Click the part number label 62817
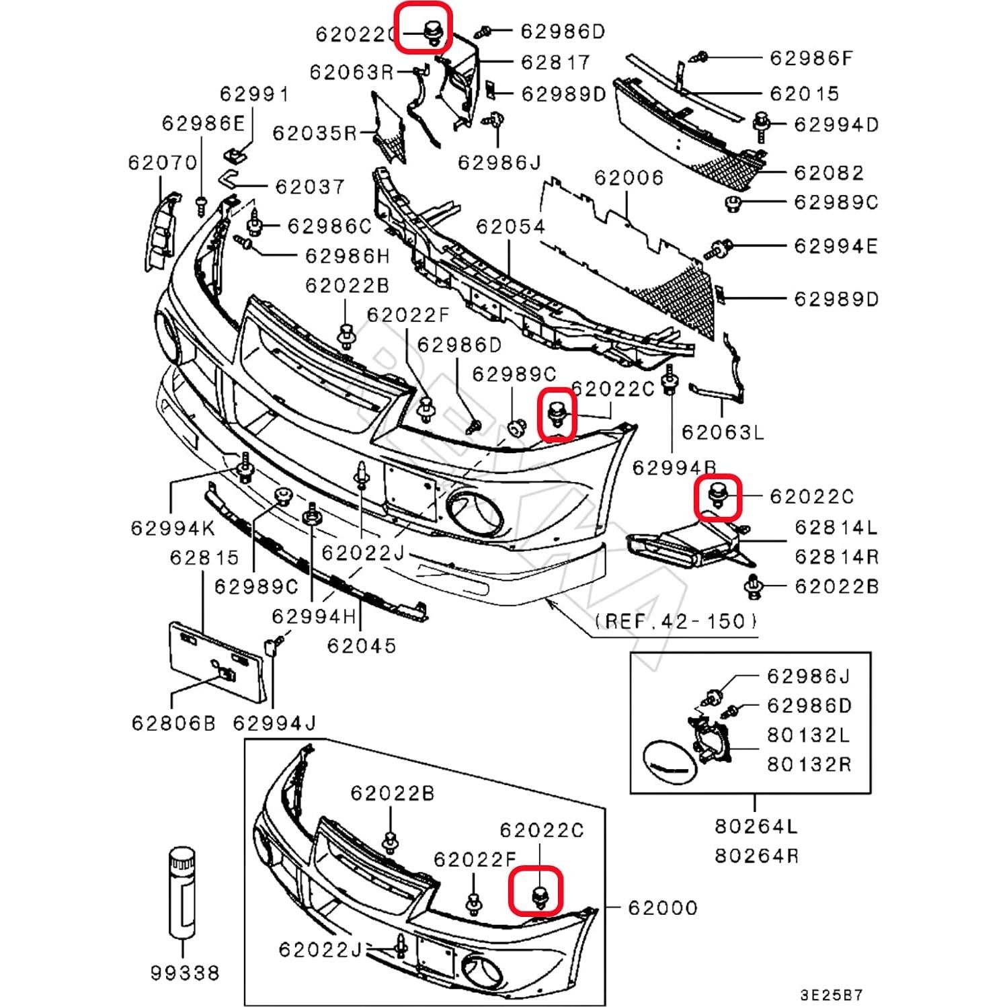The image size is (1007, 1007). click(555, 62)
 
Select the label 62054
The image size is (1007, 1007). click(510, 226)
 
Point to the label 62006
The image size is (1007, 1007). click(629, 177)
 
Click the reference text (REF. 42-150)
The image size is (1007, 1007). click(675, 620)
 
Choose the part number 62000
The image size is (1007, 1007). click(662, 908)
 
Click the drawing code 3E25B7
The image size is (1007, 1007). click(831, 994)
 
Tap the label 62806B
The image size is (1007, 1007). click(173, 723)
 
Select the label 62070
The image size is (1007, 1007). click(163, 162)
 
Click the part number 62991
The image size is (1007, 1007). click(254, 93)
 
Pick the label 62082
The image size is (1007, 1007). click(828, 172)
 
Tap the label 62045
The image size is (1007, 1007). click(362, 645)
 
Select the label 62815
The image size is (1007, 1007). click(204, 557)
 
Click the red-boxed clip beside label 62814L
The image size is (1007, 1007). click(718, 497)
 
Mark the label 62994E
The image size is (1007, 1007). click(836, 246)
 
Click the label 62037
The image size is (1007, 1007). click(310, 186)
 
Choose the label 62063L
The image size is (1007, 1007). click(723, 432)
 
